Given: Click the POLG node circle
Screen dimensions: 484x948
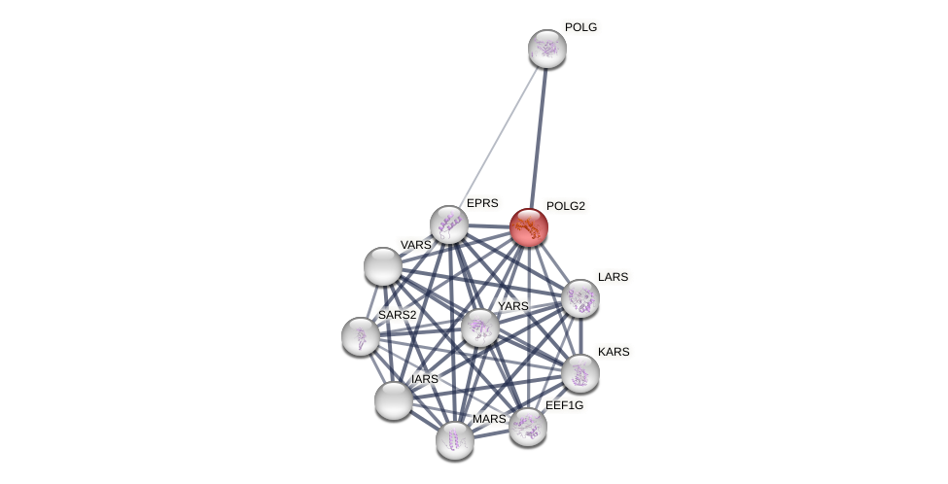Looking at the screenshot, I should point(547,49).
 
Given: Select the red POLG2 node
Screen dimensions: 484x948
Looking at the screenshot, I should point(529,227).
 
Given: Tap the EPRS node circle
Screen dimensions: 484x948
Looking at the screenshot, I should point(449,225).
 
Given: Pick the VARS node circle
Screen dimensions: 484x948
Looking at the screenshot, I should point(383,266).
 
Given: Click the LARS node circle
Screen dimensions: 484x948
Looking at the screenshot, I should point(580,298).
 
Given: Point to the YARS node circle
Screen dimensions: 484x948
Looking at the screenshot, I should point(480,328).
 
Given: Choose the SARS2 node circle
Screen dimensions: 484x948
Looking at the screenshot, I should point(361,336).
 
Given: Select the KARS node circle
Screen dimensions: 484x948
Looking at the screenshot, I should point(580,373).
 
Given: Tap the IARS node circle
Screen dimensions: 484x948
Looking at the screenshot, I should point(394,400).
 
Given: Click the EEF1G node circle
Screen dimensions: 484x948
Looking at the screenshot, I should point(528,427).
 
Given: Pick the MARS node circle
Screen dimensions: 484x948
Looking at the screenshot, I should point(455,440).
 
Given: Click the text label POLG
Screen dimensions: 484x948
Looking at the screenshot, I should point(580,27).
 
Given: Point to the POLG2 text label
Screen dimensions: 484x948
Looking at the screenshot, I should point(565,206).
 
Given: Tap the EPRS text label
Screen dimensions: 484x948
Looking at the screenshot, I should point(482,203).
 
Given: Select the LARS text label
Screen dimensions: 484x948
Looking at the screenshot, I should point(613,277).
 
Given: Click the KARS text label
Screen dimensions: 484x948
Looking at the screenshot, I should point(614,352).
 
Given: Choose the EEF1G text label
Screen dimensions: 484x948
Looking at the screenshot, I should point(564,405).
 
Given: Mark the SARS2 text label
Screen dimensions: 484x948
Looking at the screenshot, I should point(397,315).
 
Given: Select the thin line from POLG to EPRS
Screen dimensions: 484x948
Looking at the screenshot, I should point(498,136).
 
